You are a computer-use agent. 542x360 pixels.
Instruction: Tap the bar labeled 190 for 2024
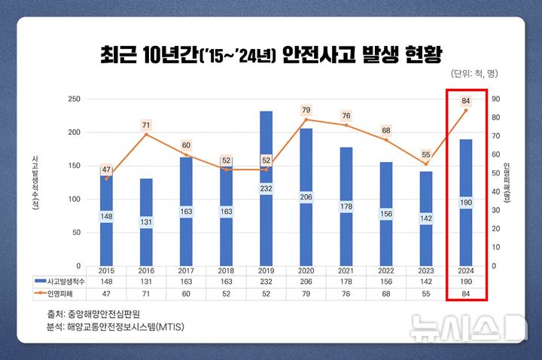(x=466, y=203)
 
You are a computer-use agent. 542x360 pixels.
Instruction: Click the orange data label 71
(x=146, y=125)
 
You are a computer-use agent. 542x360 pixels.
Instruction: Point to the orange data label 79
(x=306, y=111)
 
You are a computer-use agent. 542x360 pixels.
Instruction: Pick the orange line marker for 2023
(x=426, y=163)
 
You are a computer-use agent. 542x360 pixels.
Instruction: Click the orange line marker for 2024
(x=466, y=111)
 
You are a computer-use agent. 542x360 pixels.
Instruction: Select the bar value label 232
(x=266, y=209)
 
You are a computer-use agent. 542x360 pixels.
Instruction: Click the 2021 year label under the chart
(x=346, y=270)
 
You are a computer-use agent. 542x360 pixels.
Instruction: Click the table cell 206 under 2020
(x=306, y=281)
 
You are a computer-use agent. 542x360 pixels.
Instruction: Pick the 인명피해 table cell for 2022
(x=386, y=292)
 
